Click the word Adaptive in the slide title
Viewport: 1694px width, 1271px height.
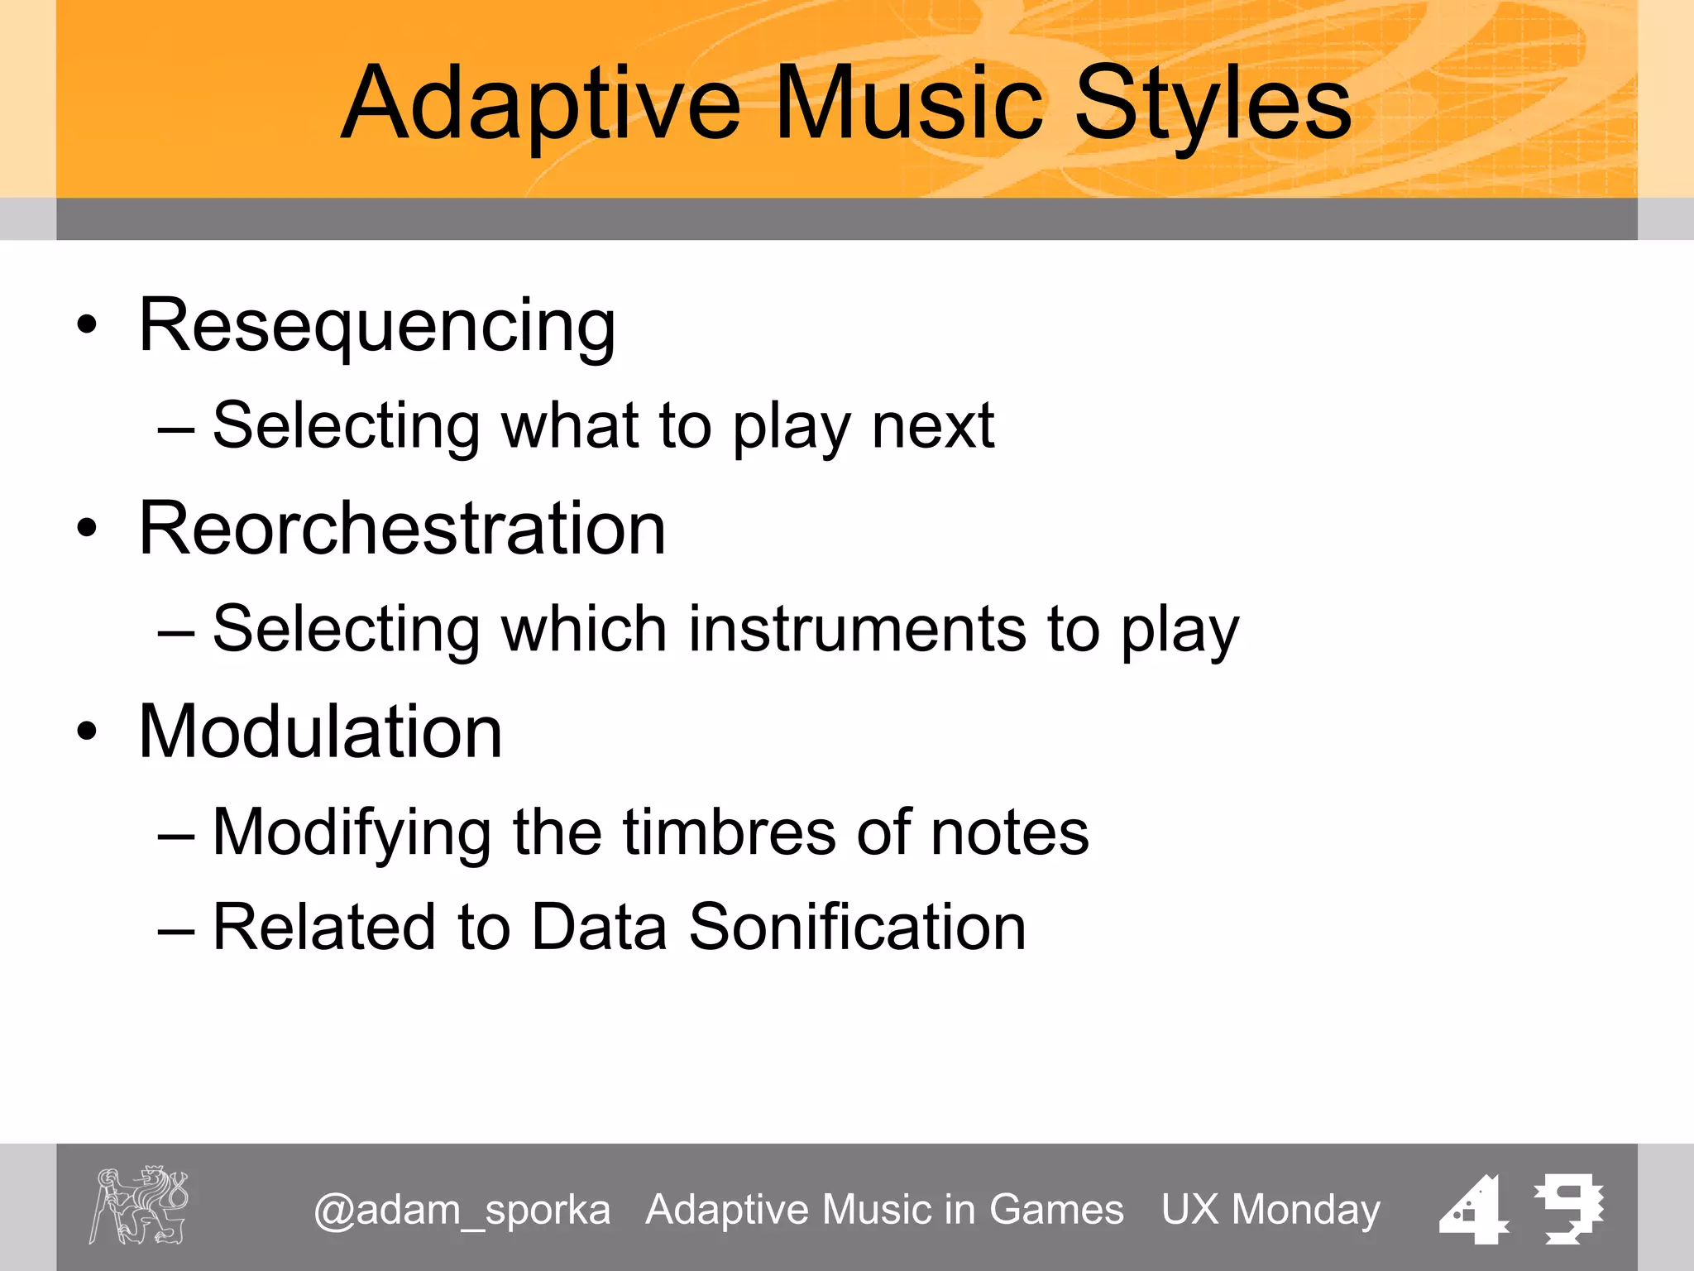pyautogui.click(x=542, y=106)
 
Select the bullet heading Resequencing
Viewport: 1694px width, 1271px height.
pyautogui.click(x=377, y=326)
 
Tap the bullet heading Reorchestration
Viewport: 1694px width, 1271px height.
pyautogui.click(x=402, y=529)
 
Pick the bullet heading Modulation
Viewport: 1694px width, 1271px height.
pyautogui.click(x=320, y=731)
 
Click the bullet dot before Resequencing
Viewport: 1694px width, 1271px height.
pyautogui.click(x=87, y=325)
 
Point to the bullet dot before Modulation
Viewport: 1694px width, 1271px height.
pyautogui.click(x=87, y=731)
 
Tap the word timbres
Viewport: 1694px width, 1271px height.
pyautogui.click(x=729, y=833)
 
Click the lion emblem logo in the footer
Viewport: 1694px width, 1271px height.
pyautogui.click(x=139, y=1205)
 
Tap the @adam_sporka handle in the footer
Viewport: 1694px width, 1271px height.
pyautogui.click(x=462, y=1211)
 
